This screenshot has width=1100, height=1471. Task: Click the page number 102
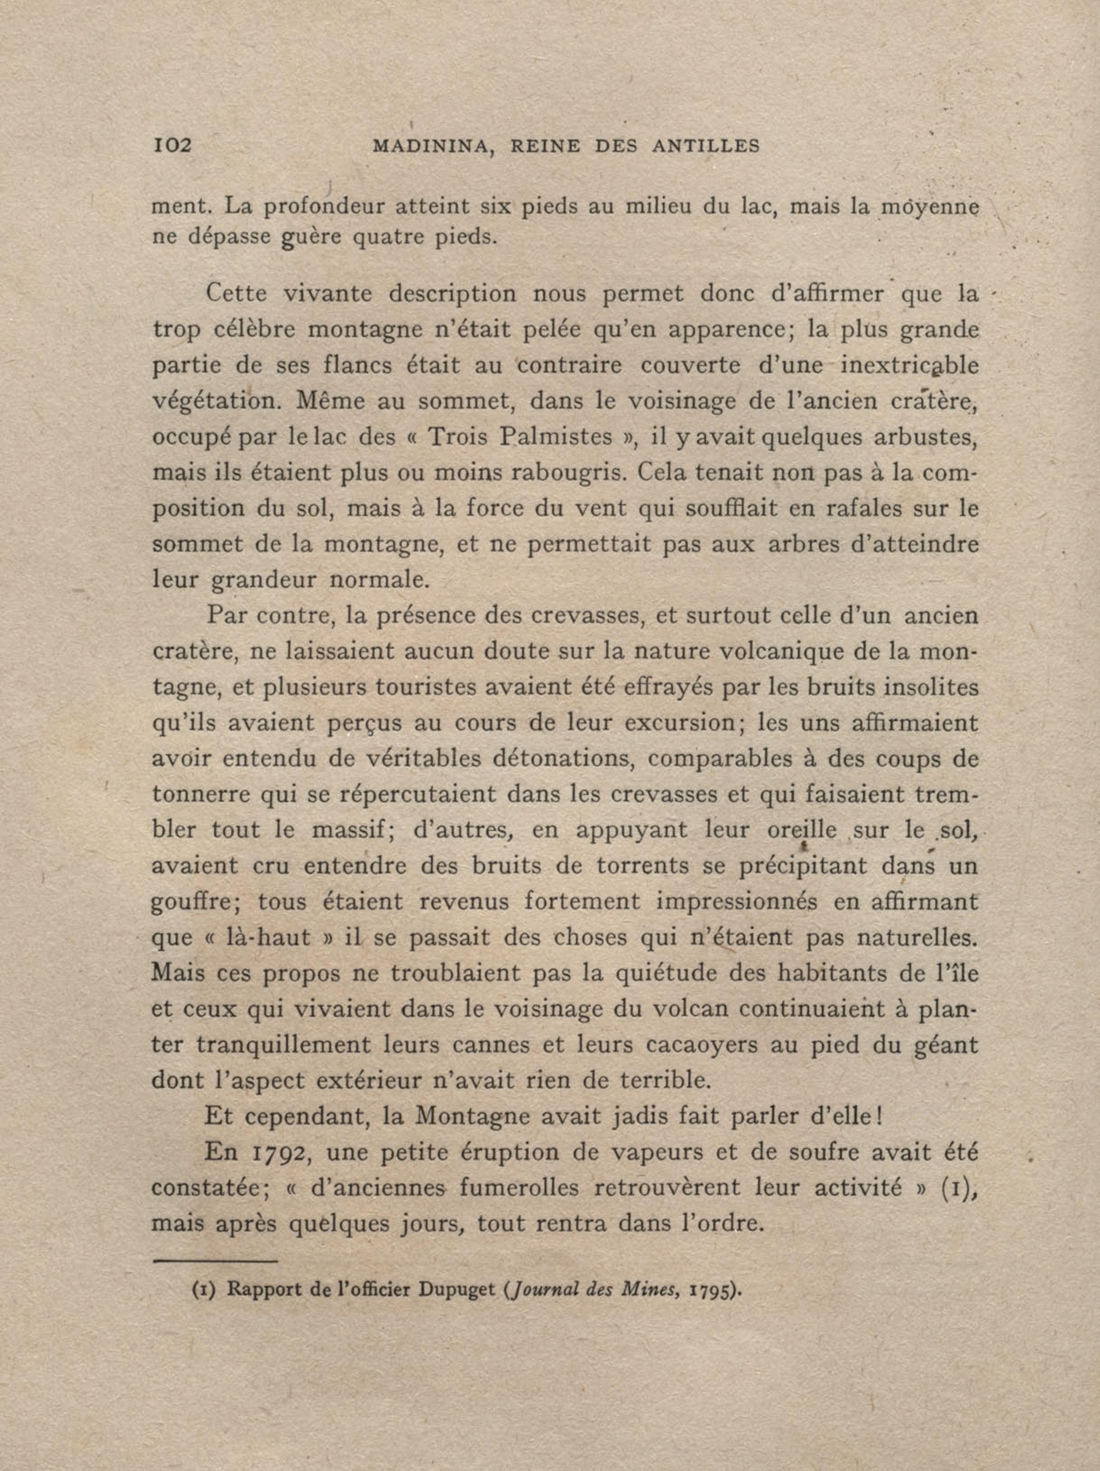(x=172, y=145)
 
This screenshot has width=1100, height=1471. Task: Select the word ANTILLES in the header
(x=706, y=146)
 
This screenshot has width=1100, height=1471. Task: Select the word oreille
(x=801, y=831)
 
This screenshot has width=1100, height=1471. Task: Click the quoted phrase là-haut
(x=277, y=937)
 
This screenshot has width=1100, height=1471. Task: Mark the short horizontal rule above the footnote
(x=214, y=1260)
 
